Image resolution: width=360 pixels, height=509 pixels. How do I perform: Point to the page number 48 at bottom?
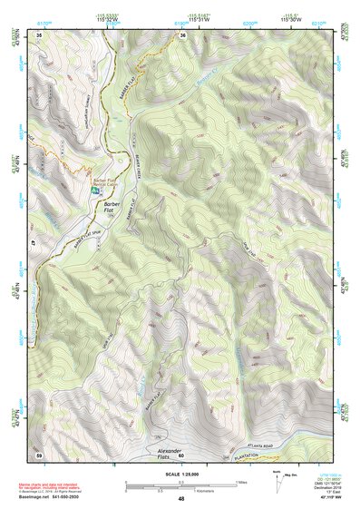click(x=181, y=498)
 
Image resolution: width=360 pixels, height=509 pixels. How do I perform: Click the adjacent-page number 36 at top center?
click(x=182, y=35)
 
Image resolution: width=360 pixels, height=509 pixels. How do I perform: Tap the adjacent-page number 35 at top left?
click(x=40, y=35)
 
